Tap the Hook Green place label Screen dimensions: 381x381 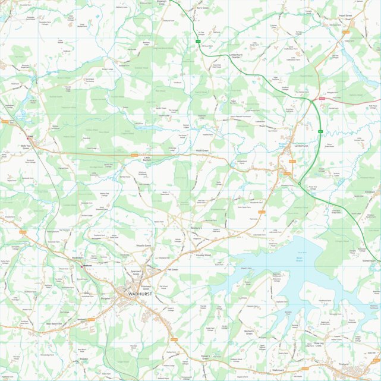[202, 151]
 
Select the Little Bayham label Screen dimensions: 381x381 [150, 159]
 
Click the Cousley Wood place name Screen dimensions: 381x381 [204, 255]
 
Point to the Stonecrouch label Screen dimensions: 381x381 [369, 260]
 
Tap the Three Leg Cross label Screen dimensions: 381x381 [314, 345]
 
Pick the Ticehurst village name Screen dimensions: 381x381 [343, 364]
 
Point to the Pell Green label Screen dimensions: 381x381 [173, 269]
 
